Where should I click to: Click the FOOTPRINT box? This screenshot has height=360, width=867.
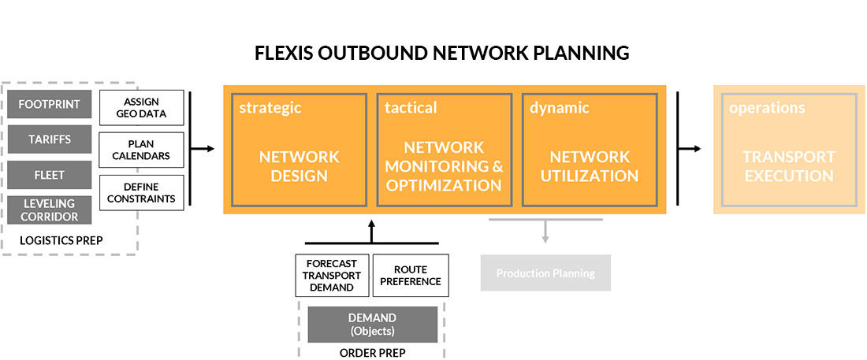tap(49, 104)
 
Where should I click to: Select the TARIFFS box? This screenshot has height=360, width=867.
tap(49, 139)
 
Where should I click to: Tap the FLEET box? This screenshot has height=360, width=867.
tap(49, 175)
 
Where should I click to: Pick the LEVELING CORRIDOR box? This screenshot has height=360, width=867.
tap(49, 210)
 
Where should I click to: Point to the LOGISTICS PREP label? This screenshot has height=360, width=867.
tap(61, 239)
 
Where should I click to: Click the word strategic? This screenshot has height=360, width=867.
tap(270, 108)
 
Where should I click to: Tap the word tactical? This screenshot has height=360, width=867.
tap(410, 108)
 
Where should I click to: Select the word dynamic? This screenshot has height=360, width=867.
tap(559, 108)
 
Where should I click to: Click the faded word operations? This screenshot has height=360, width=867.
tap(766, 108)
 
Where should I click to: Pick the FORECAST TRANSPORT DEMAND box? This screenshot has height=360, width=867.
tap(331, 276)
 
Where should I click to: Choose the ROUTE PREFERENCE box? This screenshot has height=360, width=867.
tap(410, 276)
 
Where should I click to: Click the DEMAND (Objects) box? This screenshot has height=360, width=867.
tap(372, 324)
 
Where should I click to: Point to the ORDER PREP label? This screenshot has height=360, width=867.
tap(372, 353)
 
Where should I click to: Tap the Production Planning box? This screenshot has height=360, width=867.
tap(545, 273)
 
